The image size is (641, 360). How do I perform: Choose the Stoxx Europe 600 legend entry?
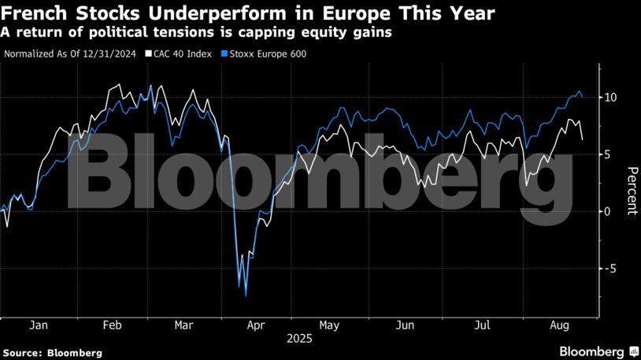265,54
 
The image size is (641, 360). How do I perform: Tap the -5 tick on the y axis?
610,268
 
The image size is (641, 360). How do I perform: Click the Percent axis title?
631,191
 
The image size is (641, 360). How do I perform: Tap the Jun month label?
404,325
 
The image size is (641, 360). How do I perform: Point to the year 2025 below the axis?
299,339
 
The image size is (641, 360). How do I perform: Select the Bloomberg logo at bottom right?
598,351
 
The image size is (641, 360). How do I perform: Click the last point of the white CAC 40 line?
582,139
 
